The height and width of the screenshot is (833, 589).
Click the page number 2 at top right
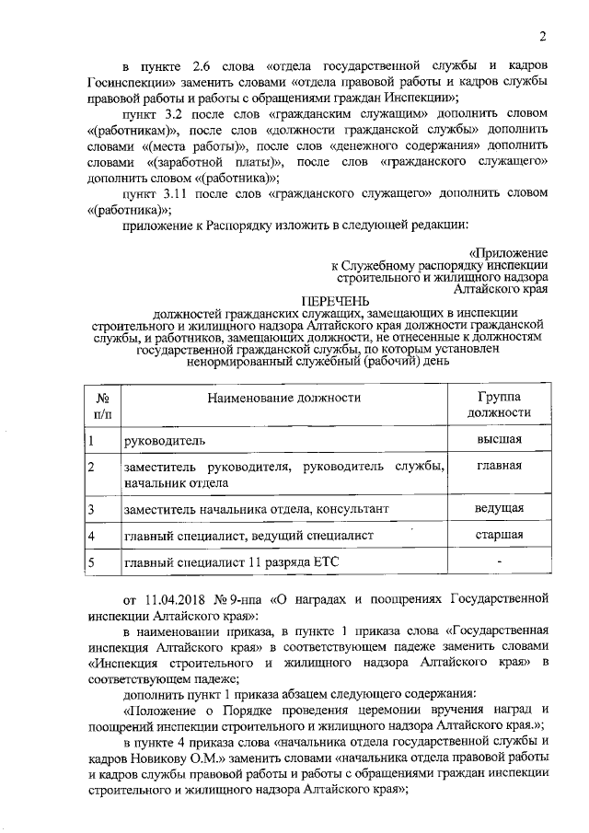[543, 38]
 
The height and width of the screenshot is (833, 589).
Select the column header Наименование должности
[283, 398]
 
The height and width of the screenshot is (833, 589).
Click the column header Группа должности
[499, 404]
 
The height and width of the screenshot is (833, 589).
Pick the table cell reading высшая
[500, 439]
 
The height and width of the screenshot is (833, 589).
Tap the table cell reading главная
[500, 465]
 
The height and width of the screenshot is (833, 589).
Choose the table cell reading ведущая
[500, 507]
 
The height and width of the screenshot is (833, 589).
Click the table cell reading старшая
[500, 534]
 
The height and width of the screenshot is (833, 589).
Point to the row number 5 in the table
[92, 561]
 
